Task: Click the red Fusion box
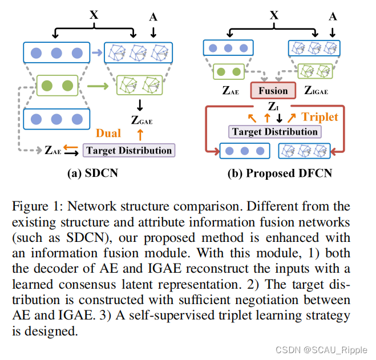273,90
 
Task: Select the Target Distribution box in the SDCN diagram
130,151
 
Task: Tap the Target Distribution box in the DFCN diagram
274,132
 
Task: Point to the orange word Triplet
320,116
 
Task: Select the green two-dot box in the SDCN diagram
56,87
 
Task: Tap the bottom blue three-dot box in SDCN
56,119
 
